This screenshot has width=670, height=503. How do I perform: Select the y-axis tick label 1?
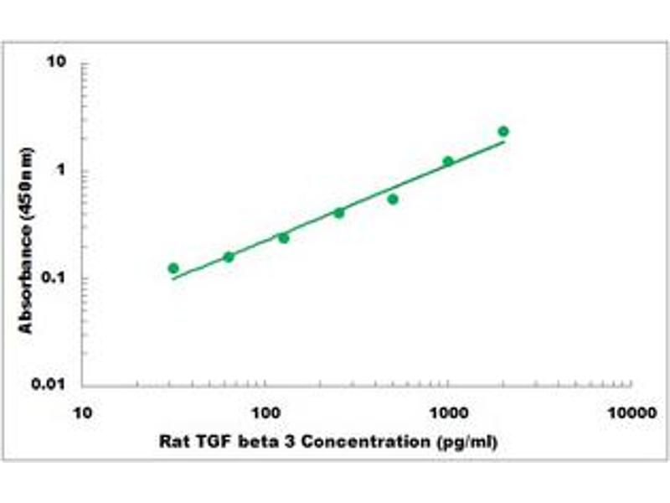coord(62,171)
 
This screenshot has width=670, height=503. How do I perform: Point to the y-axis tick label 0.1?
coord(54,278)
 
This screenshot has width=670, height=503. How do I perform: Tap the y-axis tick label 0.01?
coord(51,385)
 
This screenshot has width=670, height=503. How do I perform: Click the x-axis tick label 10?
coord(81,413)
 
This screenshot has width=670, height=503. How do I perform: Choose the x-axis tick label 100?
coord(265,413)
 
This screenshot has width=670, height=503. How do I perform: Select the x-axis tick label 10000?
coord(631,413)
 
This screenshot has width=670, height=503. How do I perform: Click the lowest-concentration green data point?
coord(173,268)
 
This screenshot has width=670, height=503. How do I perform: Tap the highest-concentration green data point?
coord(503,132)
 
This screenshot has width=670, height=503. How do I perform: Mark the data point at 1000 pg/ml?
coord(448,161)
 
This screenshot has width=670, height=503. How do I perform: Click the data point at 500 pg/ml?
coord(393,199)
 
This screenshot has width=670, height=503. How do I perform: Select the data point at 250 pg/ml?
coord(339,213)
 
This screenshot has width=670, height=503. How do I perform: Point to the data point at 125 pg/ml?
coord(284,238)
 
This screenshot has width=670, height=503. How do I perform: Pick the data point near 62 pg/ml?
coord(229,257)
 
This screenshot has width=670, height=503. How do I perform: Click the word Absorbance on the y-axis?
coord(28,277)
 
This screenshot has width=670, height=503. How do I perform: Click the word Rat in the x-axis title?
coord(171,442)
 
